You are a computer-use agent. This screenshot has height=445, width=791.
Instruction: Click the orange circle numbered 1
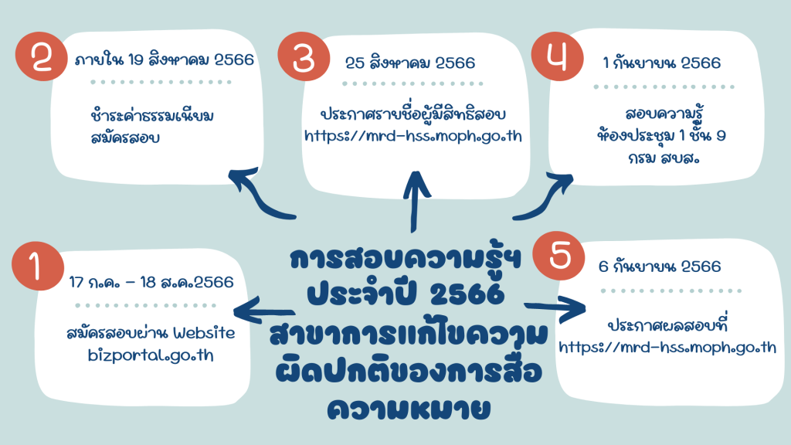[x=38, y=266]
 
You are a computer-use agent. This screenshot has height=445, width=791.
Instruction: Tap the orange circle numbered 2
[x=42, y=56]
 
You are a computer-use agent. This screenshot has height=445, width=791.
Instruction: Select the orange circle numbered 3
[x=304, y=56]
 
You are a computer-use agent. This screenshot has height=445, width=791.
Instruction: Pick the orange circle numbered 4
[x=558, y=56]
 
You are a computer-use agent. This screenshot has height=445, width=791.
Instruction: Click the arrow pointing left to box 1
[x=264, y=309]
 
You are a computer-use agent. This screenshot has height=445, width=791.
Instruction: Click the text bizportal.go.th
[x=151, y=355]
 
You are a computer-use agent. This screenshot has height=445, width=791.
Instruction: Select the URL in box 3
[x=412, y=136]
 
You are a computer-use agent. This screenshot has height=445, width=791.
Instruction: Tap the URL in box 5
[x=667, y=348]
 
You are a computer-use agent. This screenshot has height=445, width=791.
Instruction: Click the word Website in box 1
[x=204, y=333]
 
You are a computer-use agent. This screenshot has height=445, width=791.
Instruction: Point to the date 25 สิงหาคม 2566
[x=410, y=63]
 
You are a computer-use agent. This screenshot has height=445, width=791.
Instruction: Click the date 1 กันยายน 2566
[x=662, y=63]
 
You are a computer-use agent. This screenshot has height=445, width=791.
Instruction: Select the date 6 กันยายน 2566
[x=660, y=266]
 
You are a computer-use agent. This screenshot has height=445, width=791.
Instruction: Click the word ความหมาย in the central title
[x=409, y=409]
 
